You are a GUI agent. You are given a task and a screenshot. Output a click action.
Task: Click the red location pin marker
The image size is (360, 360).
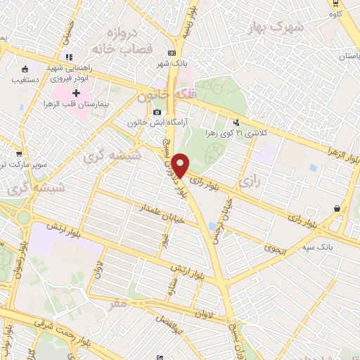tap(180, 165)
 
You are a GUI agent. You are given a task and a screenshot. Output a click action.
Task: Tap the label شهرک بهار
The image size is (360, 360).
tap(273, 26)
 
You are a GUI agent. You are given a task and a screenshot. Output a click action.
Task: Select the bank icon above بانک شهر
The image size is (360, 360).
tap(172, 53)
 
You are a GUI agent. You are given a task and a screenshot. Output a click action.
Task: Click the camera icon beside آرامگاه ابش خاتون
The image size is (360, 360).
tap(157, 112)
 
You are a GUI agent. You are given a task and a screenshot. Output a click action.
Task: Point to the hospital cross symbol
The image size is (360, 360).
tap(76, 93)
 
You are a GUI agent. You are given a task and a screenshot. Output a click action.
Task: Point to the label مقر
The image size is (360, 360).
tap(118, 305)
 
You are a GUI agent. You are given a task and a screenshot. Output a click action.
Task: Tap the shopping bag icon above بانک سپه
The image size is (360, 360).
tap(338, 208)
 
